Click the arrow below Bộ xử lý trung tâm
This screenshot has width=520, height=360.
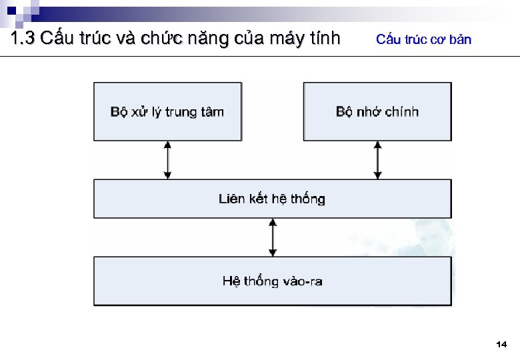[x=168, y=160]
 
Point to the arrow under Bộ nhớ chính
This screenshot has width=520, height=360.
[x=377, y=160]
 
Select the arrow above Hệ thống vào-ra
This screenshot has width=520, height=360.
[x=272, y=237]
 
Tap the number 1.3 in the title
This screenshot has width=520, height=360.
[x=23, y=38]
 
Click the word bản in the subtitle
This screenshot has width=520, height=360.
[x=460, y=39]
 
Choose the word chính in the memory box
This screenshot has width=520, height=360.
[x=403, y=112]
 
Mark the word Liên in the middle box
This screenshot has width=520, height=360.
[x=231, y=199]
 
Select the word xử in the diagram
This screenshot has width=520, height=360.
[x=139, y=112]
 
